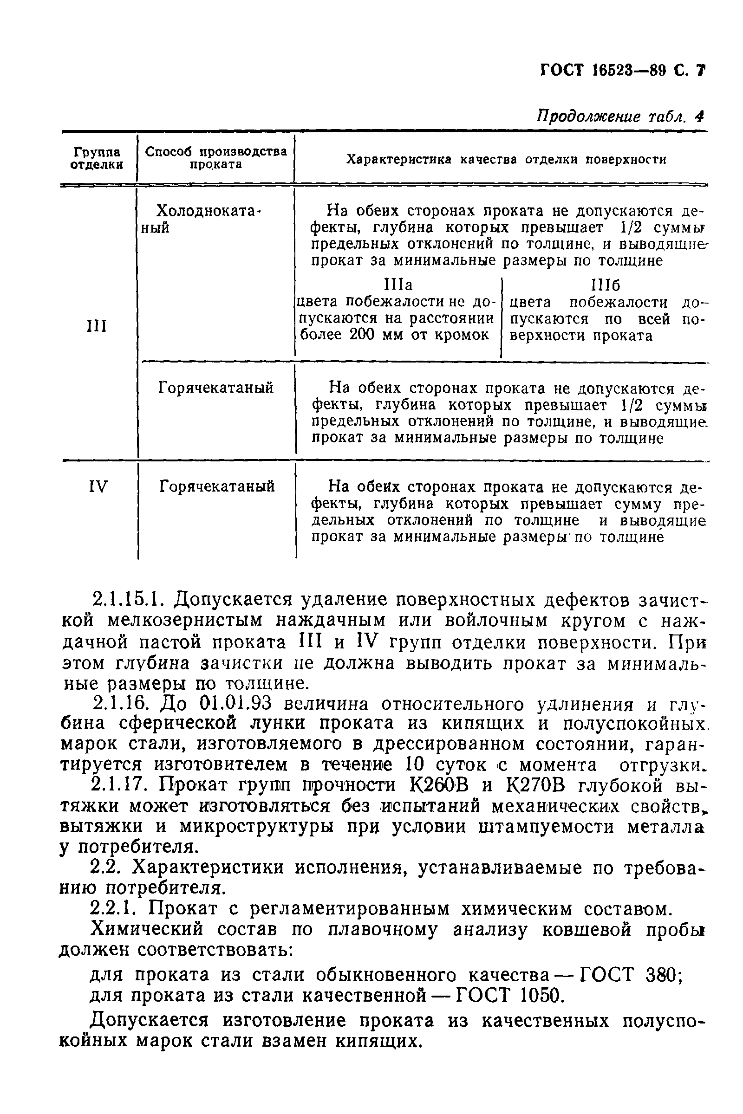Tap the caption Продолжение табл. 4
(x=620, y=117)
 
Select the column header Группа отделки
(x=97, y=158)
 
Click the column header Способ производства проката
(x=216, y=158)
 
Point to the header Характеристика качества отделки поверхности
(x=506, y=160)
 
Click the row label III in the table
(x=97, y=326)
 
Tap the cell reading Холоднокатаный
(x=209, y=218)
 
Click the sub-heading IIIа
(x=398, y=285)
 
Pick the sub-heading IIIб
(x=606, y=285)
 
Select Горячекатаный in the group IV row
(x=216, y=486)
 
